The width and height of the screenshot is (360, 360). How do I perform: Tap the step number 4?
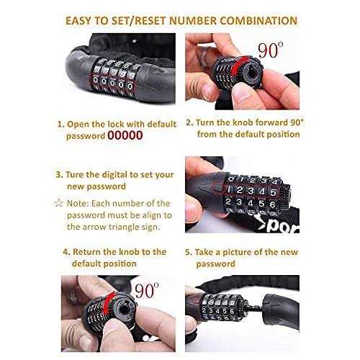pyautogui.click(x=66, y=252)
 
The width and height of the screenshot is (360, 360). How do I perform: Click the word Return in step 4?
pyautogui.click(x=91, y=252)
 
